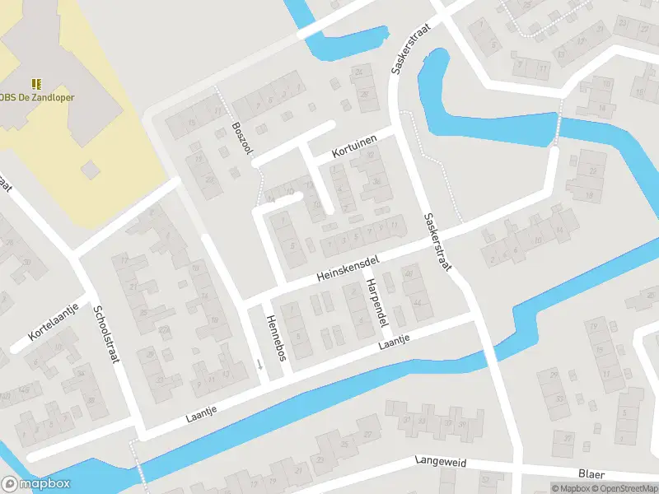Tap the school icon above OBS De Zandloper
click(x=36, y=83)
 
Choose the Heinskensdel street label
click(x=347, y=269)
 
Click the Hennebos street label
click(x=275, y=338)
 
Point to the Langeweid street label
click(x=441, y=463)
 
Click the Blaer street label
click(x=591, y=473)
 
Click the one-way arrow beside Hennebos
click(x=259, y=365)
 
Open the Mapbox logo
click(x=35, y=484)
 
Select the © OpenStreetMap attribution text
click(x=627, y=488)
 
